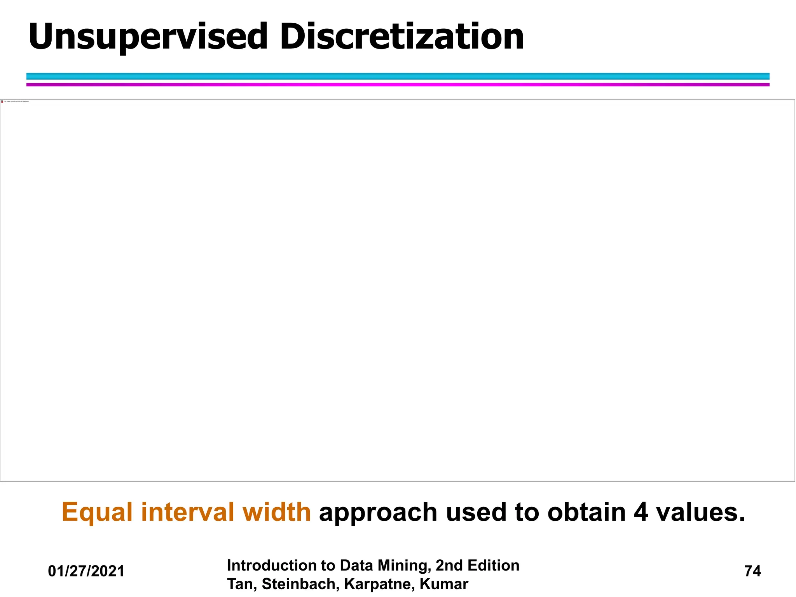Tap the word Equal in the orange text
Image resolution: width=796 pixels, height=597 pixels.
97,512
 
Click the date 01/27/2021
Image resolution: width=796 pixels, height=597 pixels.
86,571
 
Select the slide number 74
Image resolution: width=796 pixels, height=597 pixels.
752,571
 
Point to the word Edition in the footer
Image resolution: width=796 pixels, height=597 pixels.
493,566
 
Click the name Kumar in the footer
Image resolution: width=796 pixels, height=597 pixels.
444,584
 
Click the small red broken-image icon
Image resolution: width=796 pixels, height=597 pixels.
2,101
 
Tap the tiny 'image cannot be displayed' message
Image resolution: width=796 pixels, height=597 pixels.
16,101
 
